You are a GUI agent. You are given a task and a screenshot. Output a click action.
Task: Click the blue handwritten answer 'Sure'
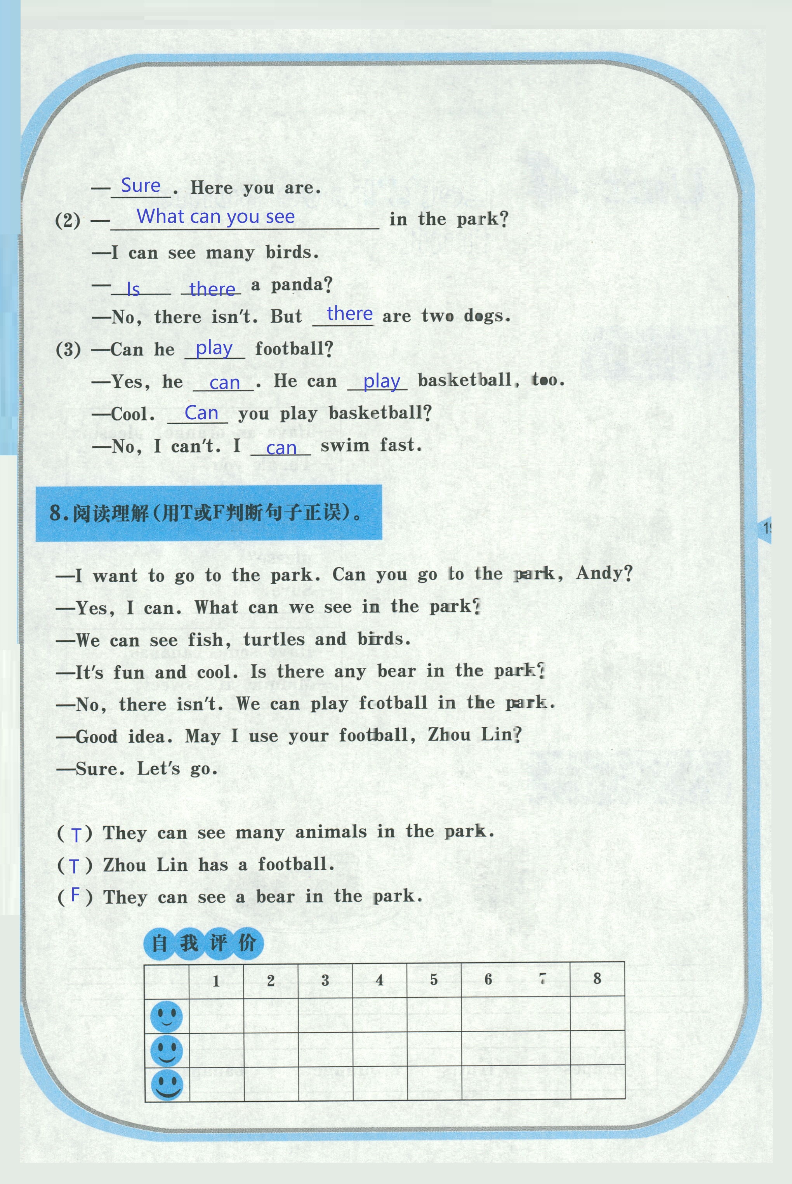141,186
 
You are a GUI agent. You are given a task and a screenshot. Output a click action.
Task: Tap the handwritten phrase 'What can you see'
216,217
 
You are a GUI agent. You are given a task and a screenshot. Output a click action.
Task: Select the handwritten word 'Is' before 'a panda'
133,289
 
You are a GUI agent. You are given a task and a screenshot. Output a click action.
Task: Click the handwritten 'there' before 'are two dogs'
349,314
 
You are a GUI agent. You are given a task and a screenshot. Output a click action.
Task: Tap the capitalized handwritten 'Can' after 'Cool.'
201,413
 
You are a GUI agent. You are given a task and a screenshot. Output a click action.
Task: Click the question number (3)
68,349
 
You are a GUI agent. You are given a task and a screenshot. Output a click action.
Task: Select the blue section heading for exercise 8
208,513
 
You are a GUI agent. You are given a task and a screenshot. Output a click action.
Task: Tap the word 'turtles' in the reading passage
274,640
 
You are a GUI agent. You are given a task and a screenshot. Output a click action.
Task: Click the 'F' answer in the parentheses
75,895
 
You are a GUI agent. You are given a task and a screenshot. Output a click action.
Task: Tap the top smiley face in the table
166,1016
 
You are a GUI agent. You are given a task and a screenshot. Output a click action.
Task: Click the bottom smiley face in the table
167,1085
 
